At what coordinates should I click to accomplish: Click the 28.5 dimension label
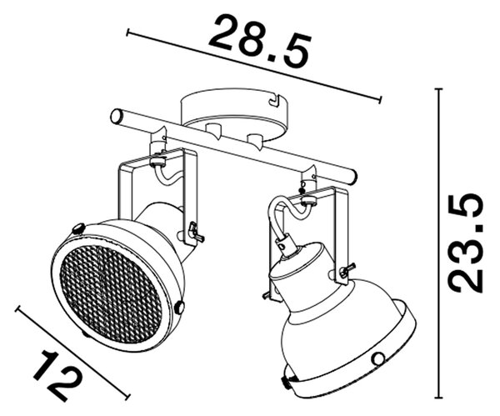pos(259,41)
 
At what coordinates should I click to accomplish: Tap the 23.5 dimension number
pos(466,243)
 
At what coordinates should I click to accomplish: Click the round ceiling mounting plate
pos(234,113)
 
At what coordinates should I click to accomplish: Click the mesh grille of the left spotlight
pos(111,293)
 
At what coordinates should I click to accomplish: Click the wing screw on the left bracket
pos(195,231)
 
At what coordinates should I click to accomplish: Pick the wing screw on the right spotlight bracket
pos(345,270)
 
